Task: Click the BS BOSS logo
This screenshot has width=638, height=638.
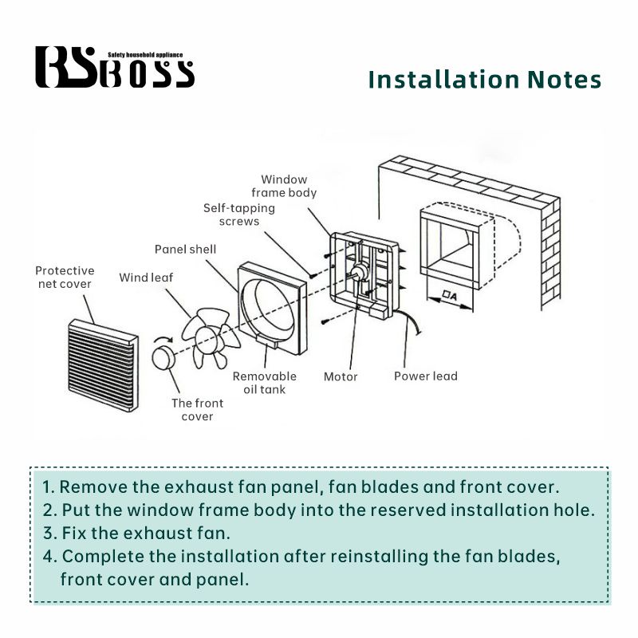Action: tap(114, 68)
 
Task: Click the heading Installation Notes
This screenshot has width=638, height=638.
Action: tap(484, 80)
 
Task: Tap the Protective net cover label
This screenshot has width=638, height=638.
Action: tap(65, 277)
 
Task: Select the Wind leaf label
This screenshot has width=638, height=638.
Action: tap(146, 278)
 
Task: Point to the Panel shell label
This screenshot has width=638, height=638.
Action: tap(185, 249)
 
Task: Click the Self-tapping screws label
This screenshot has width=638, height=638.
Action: tap(239, 214)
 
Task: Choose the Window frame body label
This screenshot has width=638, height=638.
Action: tap(284, 186)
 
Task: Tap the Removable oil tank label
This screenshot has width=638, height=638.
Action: tap(264, 382)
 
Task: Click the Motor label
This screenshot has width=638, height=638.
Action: tap(341, 376)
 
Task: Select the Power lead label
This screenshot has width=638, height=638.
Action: tap(425, 376)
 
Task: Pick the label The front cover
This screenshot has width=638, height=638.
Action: tap(197, 409)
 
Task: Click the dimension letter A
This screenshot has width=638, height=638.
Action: tap(452, 297)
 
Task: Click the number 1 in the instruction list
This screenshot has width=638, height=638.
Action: tap(47, 486)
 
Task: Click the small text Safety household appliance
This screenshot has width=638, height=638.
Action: tap(144, 55)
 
